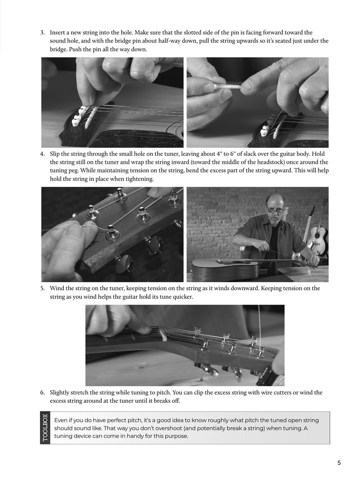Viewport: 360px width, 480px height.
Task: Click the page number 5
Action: coord(339,462)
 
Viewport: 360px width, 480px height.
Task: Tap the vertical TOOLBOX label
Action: coord(45,428)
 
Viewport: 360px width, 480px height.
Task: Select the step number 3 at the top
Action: coord(42,32)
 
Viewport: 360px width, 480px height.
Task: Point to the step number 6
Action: coord(42,392)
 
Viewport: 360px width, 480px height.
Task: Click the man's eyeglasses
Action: coord(275,210)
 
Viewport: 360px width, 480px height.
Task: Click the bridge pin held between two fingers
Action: coord(227,87)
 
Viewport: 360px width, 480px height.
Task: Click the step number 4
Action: coord(42,154)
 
